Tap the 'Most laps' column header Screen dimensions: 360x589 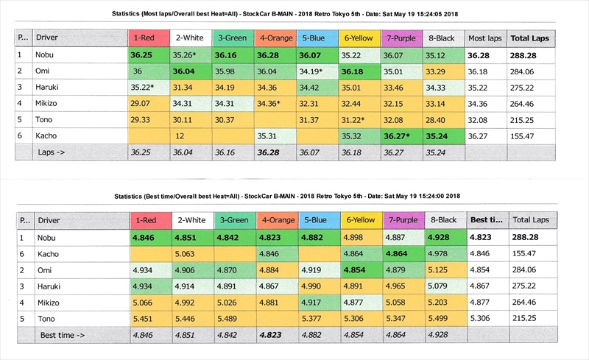486,38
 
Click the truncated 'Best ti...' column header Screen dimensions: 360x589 487,220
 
